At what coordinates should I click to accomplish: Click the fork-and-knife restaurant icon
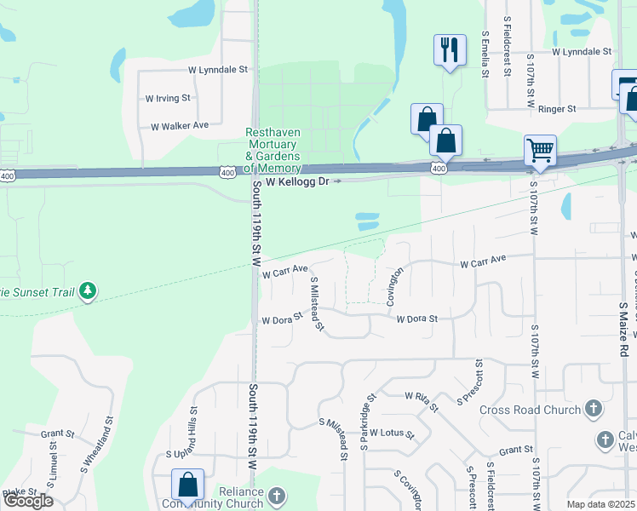click(449, 49)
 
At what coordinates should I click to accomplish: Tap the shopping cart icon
click(540, 151)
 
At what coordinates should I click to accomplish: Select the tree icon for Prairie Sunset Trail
click(87, 292)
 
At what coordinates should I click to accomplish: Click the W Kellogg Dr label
click(296, 182)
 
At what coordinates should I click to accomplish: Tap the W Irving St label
click(168, 99)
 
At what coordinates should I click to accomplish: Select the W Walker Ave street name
click(180, 126)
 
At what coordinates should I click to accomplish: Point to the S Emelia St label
click(484, 55)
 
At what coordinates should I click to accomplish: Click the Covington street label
click(393, 284)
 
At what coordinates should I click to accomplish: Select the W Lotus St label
click(392, 433)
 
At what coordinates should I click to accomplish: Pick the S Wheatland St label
click(97, 445)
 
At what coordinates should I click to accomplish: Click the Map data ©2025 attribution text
click(600, 504)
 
